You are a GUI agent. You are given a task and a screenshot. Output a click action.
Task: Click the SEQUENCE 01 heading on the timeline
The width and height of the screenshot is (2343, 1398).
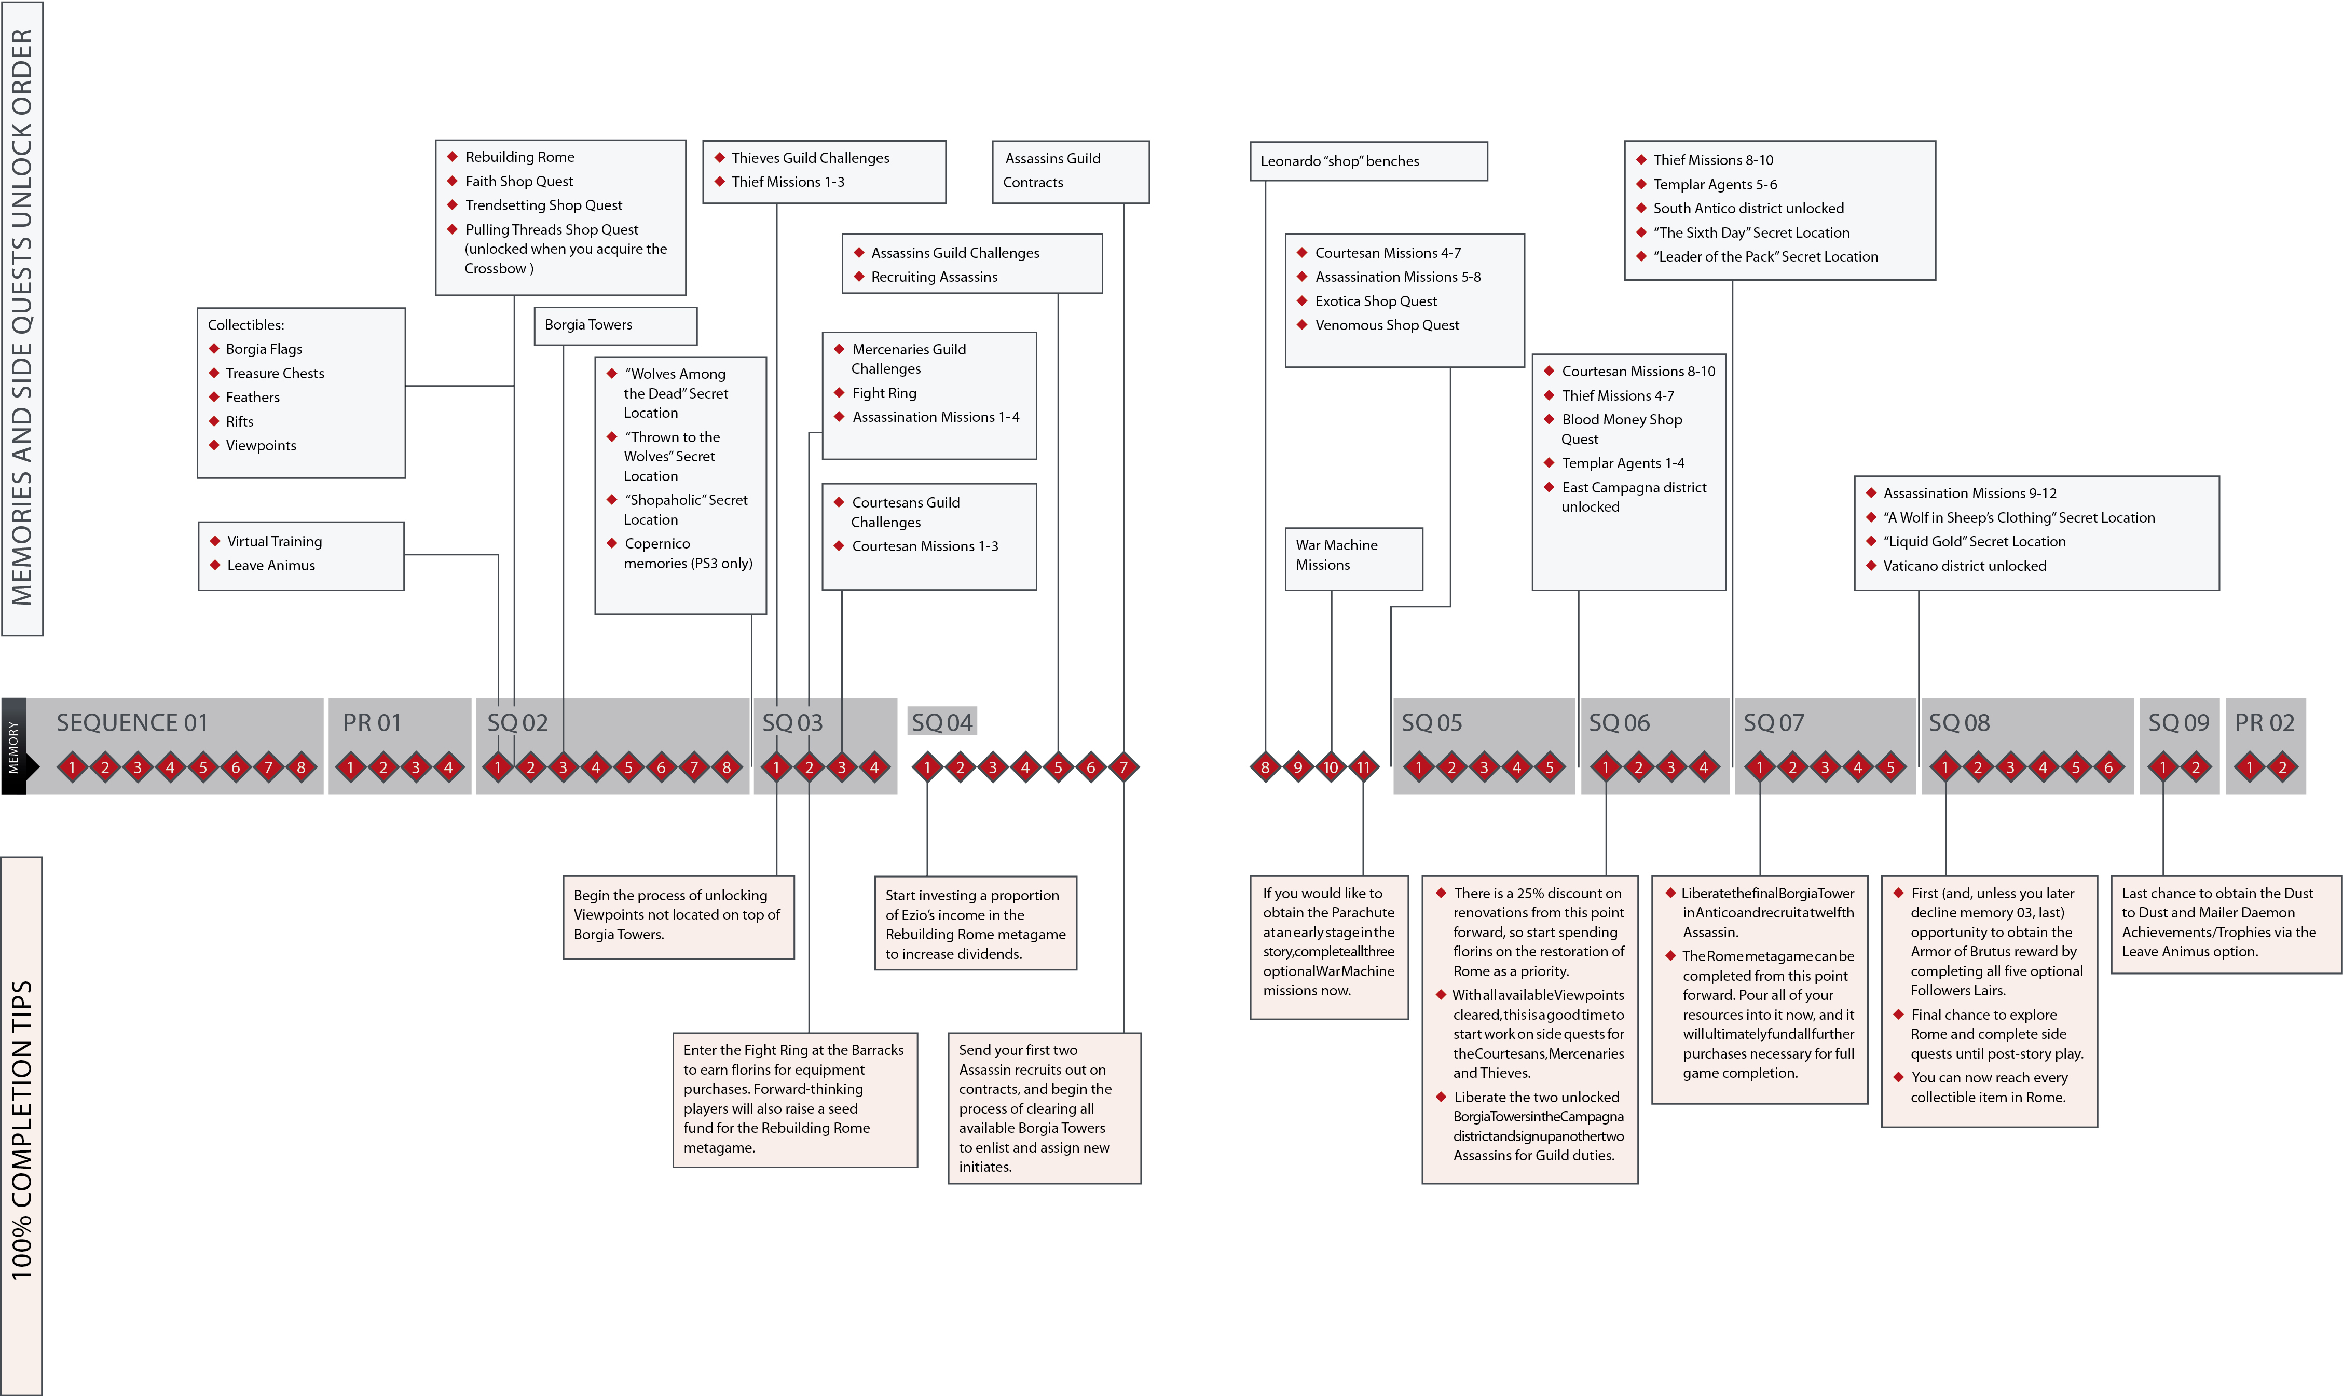tap(132, 722)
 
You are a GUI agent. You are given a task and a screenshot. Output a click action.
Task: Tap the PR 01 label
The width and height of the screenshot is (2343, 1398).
tap(372, 722)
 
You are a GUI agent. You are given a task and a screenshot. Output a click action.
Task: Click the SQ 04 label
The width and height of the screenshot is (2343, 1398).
tap(942, 722)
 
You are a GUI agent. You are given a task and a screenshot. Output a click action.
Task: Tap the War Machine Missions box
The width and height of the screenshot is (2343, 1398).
tap(1354, 559)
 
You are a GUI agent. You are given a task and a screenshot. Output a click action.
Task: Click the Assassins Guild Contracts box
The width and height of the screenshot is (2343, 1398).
tap(1070, 171)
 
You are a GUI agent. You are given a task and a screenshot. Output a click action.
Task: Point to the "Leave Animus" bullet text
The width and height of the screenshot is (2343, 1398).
tap(271, 565)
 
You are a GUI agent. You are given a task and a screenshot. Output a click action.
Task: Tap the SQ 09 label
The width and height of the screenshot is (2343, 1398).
tap(2178, 722)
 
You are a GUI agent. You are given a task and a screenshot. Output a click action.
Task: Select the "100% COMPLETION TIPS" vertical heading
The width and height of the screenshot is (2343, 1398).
tap(22, 1130)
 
